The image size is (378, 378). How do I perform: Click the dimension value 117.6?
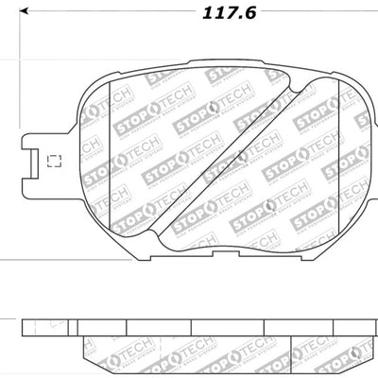click(221, 13)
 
